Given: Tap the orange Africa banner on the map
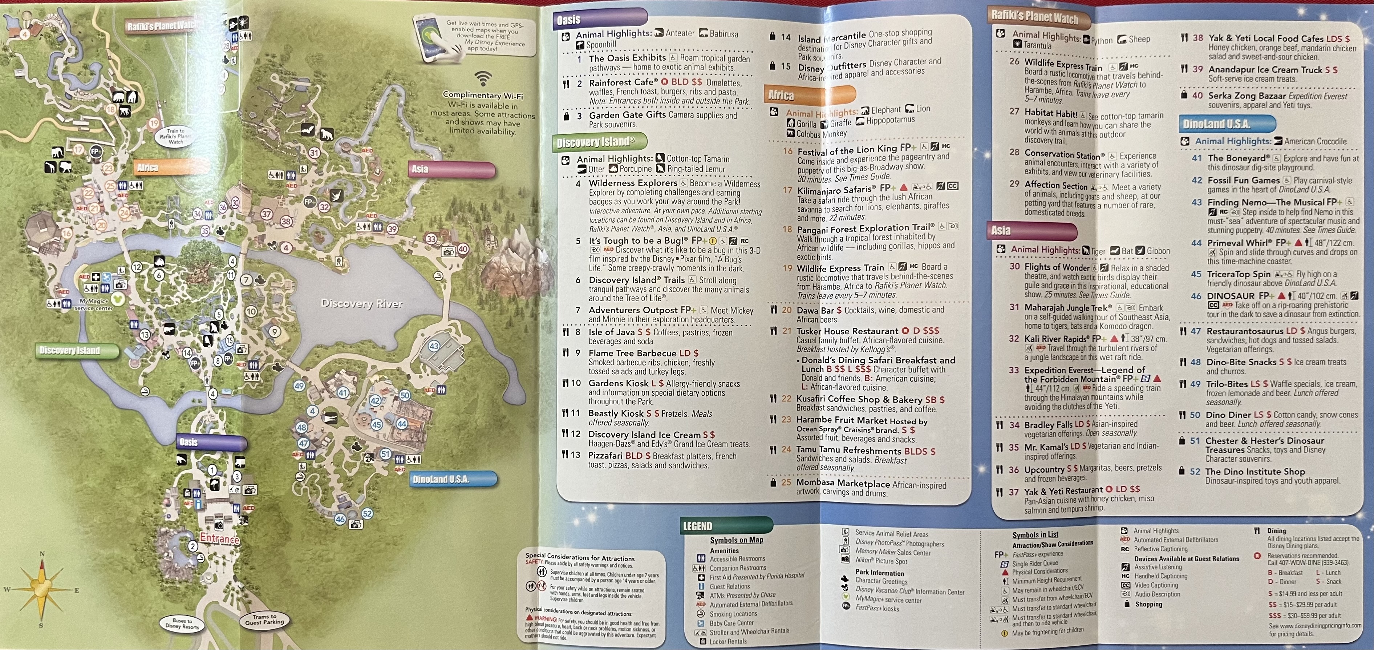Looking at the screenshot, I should click(x=148, y=167).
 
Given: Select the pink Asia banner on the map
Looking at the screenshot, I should click(x=420, y=169).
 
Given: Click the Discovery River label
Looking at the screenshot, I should click(x=362, y=304).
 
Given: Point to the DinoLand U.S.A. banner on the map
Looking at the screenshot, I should click(x=441, y=479).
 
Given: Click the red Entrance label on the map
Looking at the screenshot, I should click(x=219, y=538).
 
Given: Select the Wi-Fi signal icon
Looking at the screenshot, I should click(x=483, y=79).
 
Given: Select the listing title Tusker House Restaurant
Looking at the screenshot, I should click(x=848, y=331).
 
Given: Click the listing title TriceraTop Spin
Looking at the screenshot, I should click(x=1239, y=274).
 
